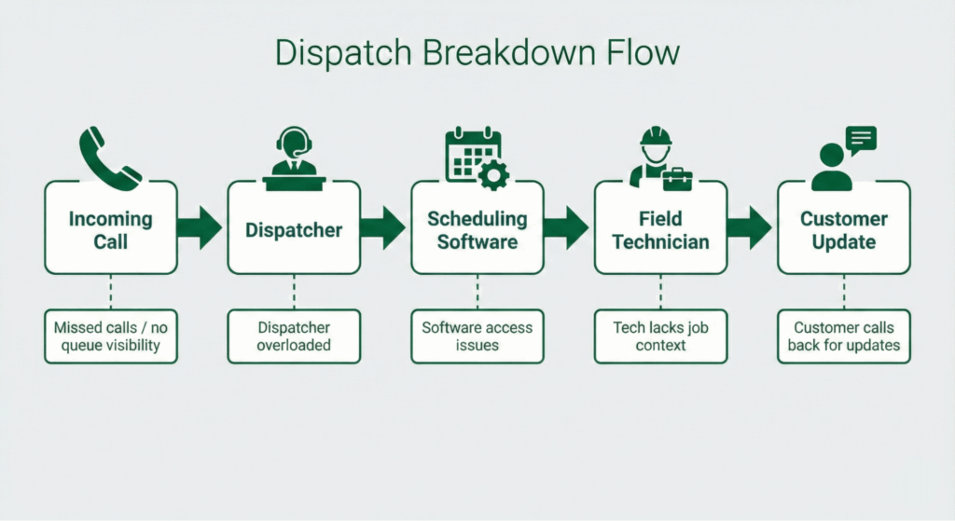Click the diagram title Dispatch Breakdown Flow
click(x=477, y=53)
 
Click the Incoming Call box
click(x=110, y=229)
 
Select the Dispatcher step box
click(x=294, y=229)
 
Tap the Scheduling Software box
click(x=477, y=229)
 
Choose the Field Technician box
click(x=660, y=229)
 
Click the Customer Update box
click(x=843, y=229)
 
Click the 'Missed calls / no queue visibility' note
click(x=110, y=336)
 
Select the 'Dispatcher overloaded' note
click(x=294, y=336)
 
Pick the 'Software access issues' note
click(x=477, y=336)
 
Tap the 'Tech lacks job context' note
click(x=660, y=336)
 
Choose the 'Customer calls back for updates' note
click(x=843, y=336)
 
